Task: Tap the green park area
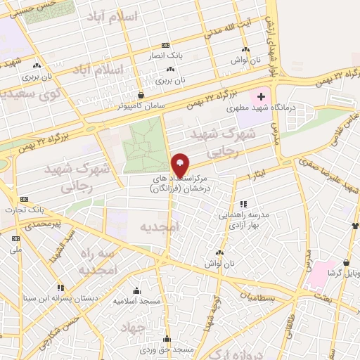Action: [x=146, y=144]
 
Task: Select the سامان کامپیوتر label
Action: [x=141, y=106]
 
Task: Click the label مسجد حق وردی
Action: [x=175, y=349]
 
